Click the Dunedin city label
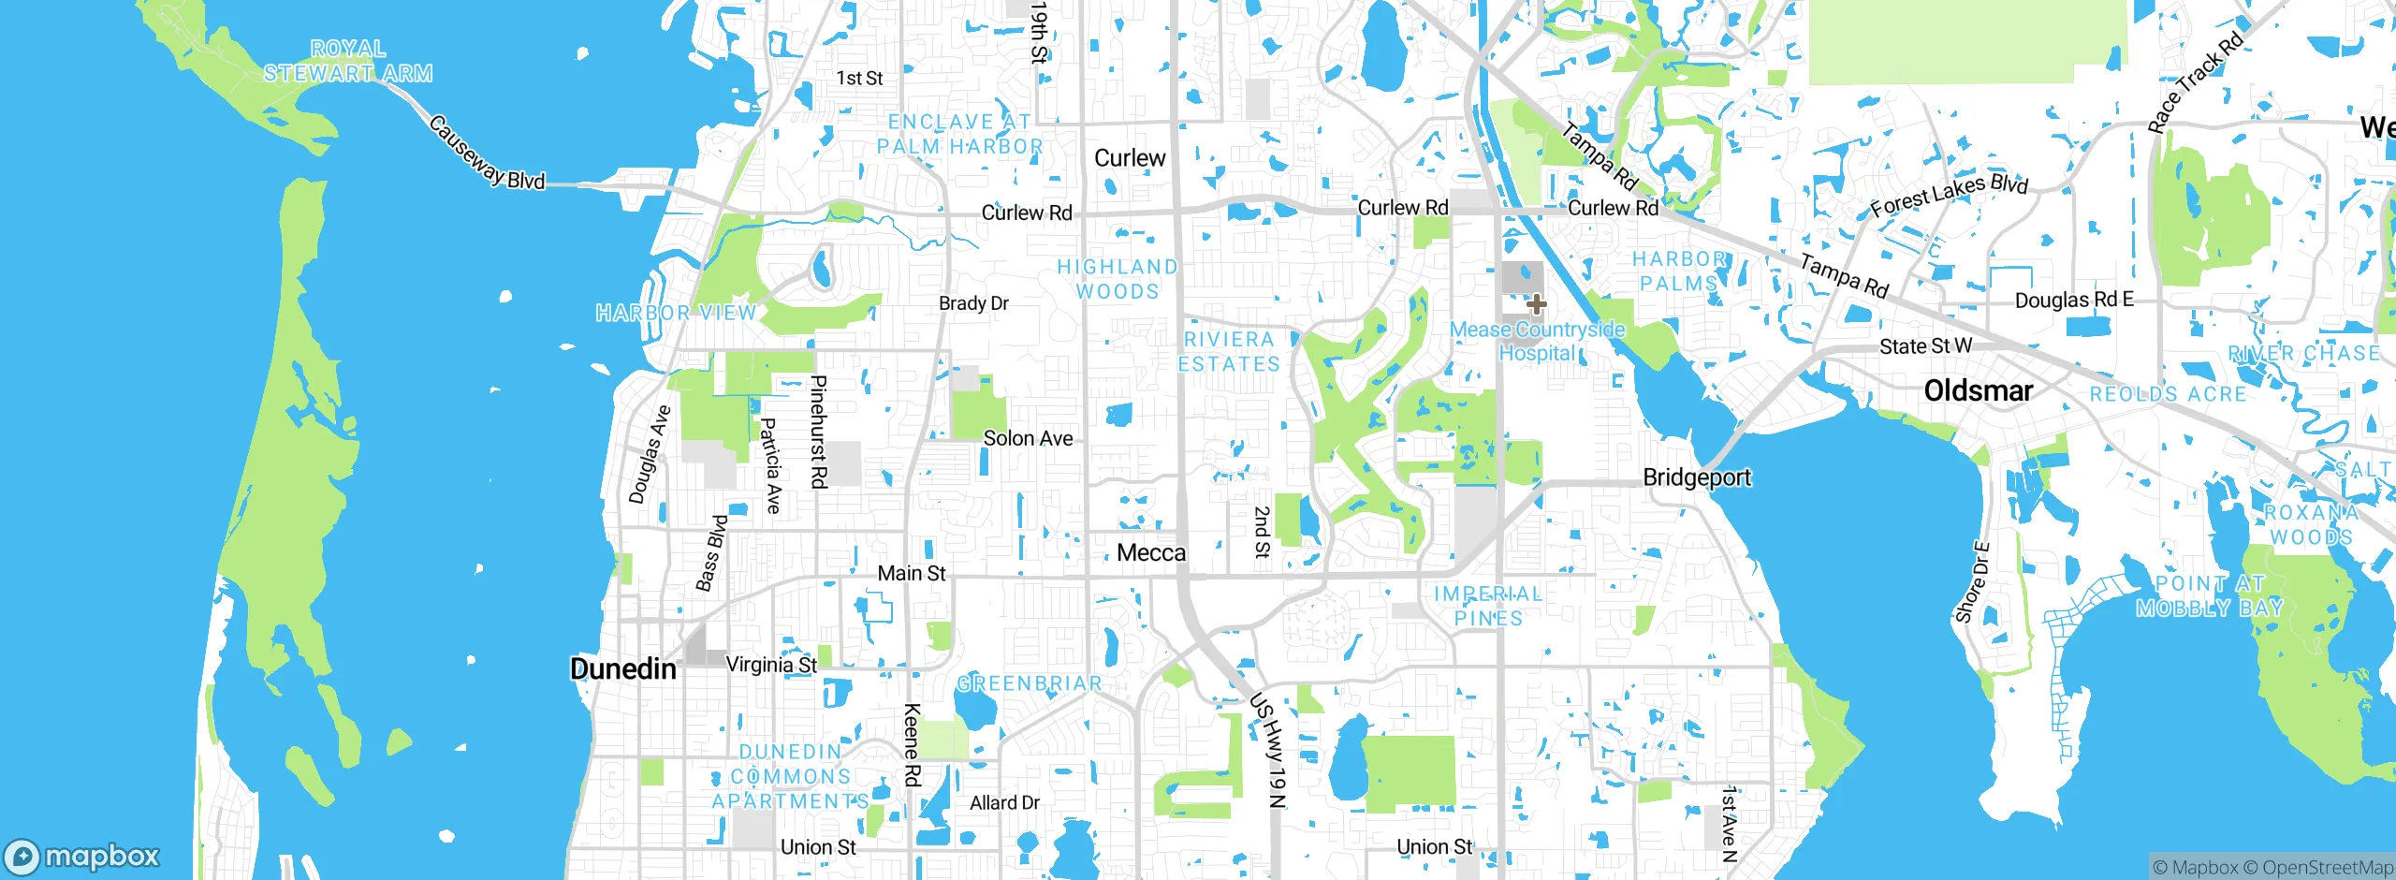click(622, 668)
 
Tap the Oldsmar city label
click(1978, 390)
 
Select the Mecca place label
click(1151, 552)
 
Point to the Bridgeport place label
click(1697, 477)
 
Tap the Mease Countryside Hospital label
click(1537, 342)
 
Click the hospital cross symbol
click(1536, 304)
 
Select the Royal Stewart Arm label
click(347, 61)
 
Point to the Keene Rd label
click(912, 744)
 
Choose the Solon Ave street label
click(1028, 438)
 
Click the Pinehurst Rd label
click(818, 432)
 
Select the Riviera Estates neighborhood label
click(1229, 351)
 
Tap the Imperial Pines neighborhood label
click(1488, 606)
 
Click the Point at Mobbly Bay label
click(2210, 595)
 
